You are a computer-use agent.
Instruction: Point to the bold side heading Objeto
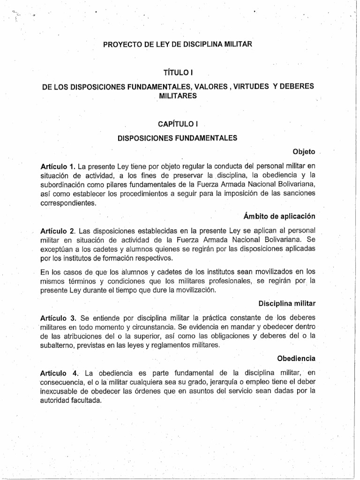[304, 152]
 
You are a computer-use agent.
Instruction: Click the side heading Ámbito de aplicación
[279, 216]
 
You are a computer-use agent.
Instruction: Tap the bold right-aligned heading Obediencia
[296, 359]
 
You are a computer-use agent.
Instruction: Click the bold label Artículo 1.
[58, 166]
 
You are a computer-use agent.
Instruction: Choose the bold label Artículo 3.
[58, 317]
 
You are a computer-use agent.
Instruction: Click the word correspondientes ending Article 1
[64, 203]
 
